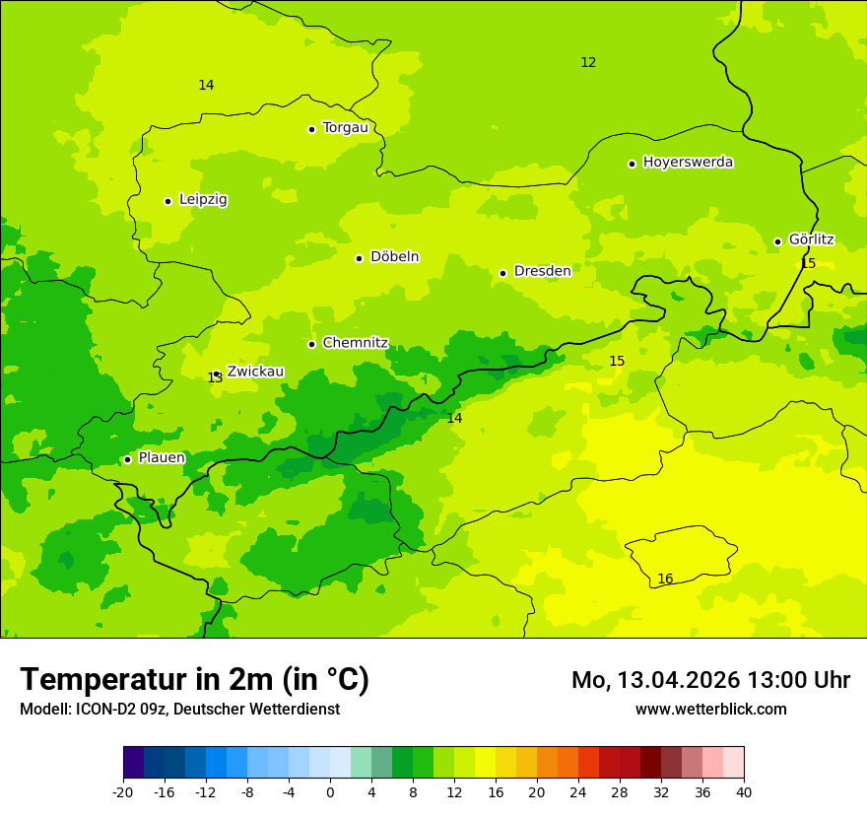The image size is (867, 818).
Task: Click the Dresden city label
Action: (542, 271)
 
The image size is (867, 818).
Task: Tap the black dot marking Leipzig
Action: (167, 201)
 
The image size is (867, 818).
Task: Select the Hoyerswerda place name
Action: (688, 163)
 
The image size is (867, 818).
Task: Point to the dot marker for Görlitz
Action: (777, 241)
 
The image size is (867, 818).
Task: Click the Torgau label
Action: (345, 128)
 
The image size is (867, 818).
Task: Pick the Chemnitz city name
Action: (355, 344)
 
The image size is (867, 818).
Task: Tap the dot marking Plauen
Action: (127, 459)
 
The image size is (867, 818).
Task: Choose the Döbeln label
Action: (394, 257)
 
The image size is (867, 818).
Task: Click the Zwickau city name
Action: (255, 372)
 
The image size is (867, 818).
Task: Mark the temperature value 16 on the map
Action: (665, 579)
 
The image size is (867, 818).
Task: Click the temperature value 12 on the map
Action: (588, 63)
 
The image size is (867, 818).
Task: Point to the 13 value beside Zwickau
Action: (215, 378)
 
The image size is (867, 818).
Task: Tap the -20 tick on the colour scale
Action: (123, 791)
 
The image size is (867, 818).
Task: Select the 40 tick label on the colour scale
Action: (744, 791)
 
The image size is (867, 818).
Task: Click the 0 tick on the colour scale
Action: (330, 791)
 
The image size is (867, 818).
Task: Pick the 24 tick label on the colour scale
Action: (578, 791)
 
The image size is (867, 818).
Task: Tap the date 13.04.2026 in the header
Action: (678, 680)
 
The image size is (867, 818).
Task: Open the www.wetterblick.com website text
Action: (710, 710)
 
